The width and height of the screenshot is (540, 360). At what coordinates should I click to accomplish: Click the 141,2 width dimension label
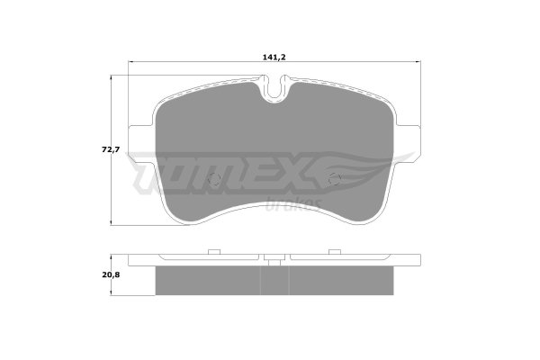click(x=274, y=58)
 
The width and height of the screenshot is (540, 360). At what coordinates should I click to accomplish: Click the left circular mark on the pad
click(x=215, y=178)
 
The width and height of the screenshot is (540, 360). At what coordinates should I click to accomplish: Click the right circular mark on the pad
click(x=335, y=178)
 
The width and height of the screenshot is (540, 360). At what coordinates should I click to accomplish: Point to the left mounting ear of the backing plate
click(x=141, y=139)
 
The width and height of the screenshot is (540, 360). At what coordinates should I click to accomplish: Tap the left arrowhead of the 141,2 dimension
click(x=130, y=62)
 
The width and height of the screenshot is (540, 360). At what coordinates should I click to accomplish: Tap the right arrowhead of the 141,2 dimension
click(x=418, y=62)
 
